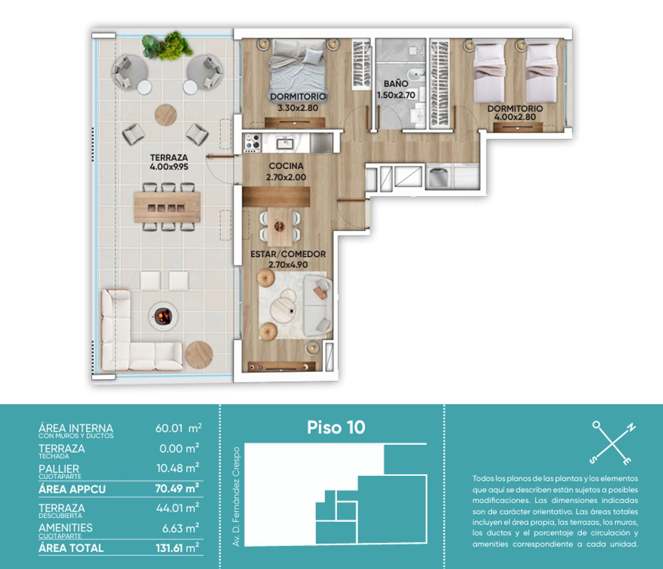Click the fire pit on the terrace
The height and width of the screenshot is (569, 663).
[x=163, y=316]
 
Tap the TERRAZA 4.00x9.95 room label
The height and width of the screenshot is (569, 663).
[x=169, y=162]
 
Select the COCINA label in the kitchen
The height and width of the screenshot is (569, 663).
[x=286, y=166]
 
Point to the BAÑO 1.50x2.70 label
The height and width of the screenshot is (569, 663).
[x=396, y=89]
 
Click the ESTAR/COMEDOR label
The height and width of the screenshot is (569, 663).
[x=288, y=254]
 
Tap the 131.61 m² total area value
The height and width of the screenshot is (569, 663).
[x=177, y=548]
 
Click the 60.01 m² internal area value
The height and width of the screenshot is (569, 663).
[x=179, y=428]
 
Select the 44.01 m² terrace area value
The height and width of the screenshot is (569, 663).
[x=177, y=508]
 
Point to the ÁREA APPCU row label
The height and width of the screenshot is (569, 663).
[x=72, y=489]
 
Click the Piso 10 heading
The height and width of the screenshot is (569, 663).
[x=336, y=427]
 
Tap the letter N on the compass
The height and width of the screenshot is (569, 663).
[x=631, y=428]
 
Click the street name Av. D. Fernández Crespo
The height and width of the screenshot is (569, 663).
[x=236, y=496]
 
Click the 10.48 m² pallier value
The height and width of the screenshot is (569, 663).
[x=177, y=468]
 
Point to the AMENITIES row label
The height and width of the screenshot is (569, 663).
[x=66, y=528]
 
